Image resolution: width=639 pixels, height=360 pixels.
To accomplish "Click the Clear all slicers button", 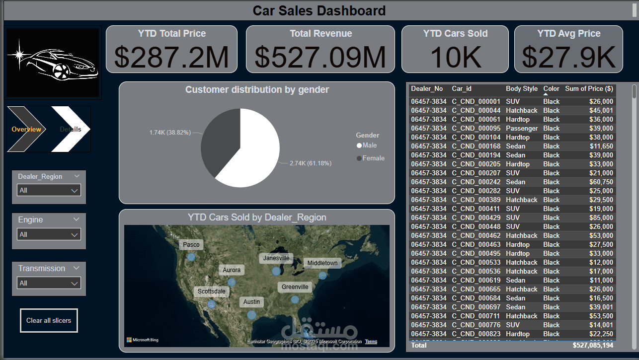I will pyautogui.click(x=49, y=320).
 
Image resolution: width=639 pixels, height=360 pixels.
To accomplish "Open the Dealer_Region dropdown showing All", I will pyautogui.click(x=49, y=190).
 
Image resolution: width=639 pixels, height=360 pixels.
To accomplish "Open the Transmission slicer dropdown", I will pyautogui.click(x=49, y=283).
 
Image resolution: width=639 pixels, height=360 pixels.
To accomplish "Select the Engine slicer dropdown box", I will pyautogui.click(x=49, y=234).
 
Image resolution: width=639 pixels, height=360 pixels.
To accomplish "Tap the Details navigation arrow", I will pyautogui.click(x=71, y=129).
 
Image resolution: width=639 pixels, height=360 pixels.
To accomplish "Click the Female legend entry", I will pyautogui.click(x=373, y=158).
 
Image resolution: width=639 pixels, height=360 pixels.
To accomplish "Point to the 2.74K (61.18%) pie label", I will pyautogui.click(x=310, y=163).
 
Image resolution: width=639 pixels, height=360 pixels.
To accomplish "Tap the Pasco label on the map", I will pyautogui.click(x=191, y=244).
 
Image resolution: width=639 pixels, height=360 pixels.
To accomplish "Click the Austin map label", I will pyautogui.click(x=251, y=301).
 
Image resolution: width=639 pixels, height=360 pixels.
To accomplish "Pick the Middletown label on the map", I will pyautogui.click(x=322, y=263).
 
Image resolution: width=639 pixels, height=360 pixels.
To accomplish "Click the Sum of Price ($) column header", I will pyautogui.click(x=589, y=88).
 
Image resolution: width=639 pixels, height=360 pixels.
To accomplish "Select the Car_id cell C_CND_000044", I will pyautogui.click(x=476, y=110).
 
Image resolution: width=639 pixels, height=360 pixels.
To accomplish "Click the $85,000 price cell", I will pyautogui.click(x=601, y=217).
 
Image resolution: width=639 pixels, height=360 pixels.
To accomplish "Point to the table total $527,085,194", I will pyautogui.click(x=593, y=345).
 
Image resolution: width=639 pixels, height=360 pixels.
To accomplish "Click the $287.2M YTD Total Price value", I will pyautogui.click(x=171, y=57).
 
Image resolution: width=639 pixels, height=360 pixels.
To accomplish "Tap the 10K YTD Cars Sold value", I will pyautogui.click(x=455, y=57).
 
